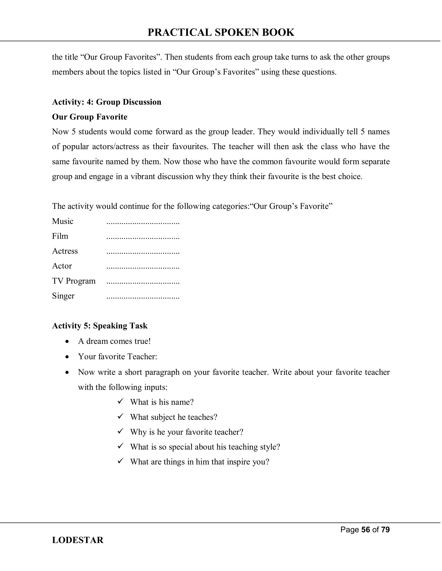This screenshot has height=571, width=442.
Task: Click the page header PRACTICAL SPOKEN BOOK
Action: pos(221,32)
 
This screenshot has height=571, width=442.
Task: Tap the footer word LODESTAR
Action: pos(77,540)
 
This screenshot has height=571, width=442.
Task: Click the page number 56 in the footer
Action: pos(365,529)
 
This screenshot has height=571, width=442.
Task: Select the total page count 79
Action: pos(385,529)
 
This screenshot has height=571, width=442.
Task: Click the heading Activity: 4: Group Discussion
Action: pos(107,102)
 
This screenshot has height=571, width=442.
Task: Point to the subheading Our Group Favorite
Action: pos(90,117)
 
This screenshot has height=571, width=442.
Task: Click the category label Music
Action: pos(63,221)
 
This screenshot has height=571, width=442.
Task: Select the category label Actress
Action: pos(65,251)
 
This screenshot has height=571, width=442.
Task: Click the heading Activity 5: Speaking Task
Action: pos(100,326)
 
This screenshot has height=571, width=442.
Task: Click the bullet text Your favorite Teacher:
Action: pos(118,357)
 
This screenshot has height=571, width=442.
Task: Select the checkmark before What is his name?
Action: pos(120,401)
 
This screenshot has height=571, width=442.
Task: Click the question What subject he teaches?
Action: pos(174,417)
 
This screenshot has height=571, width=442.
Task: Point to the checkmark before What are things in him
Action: pos(120,461)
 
